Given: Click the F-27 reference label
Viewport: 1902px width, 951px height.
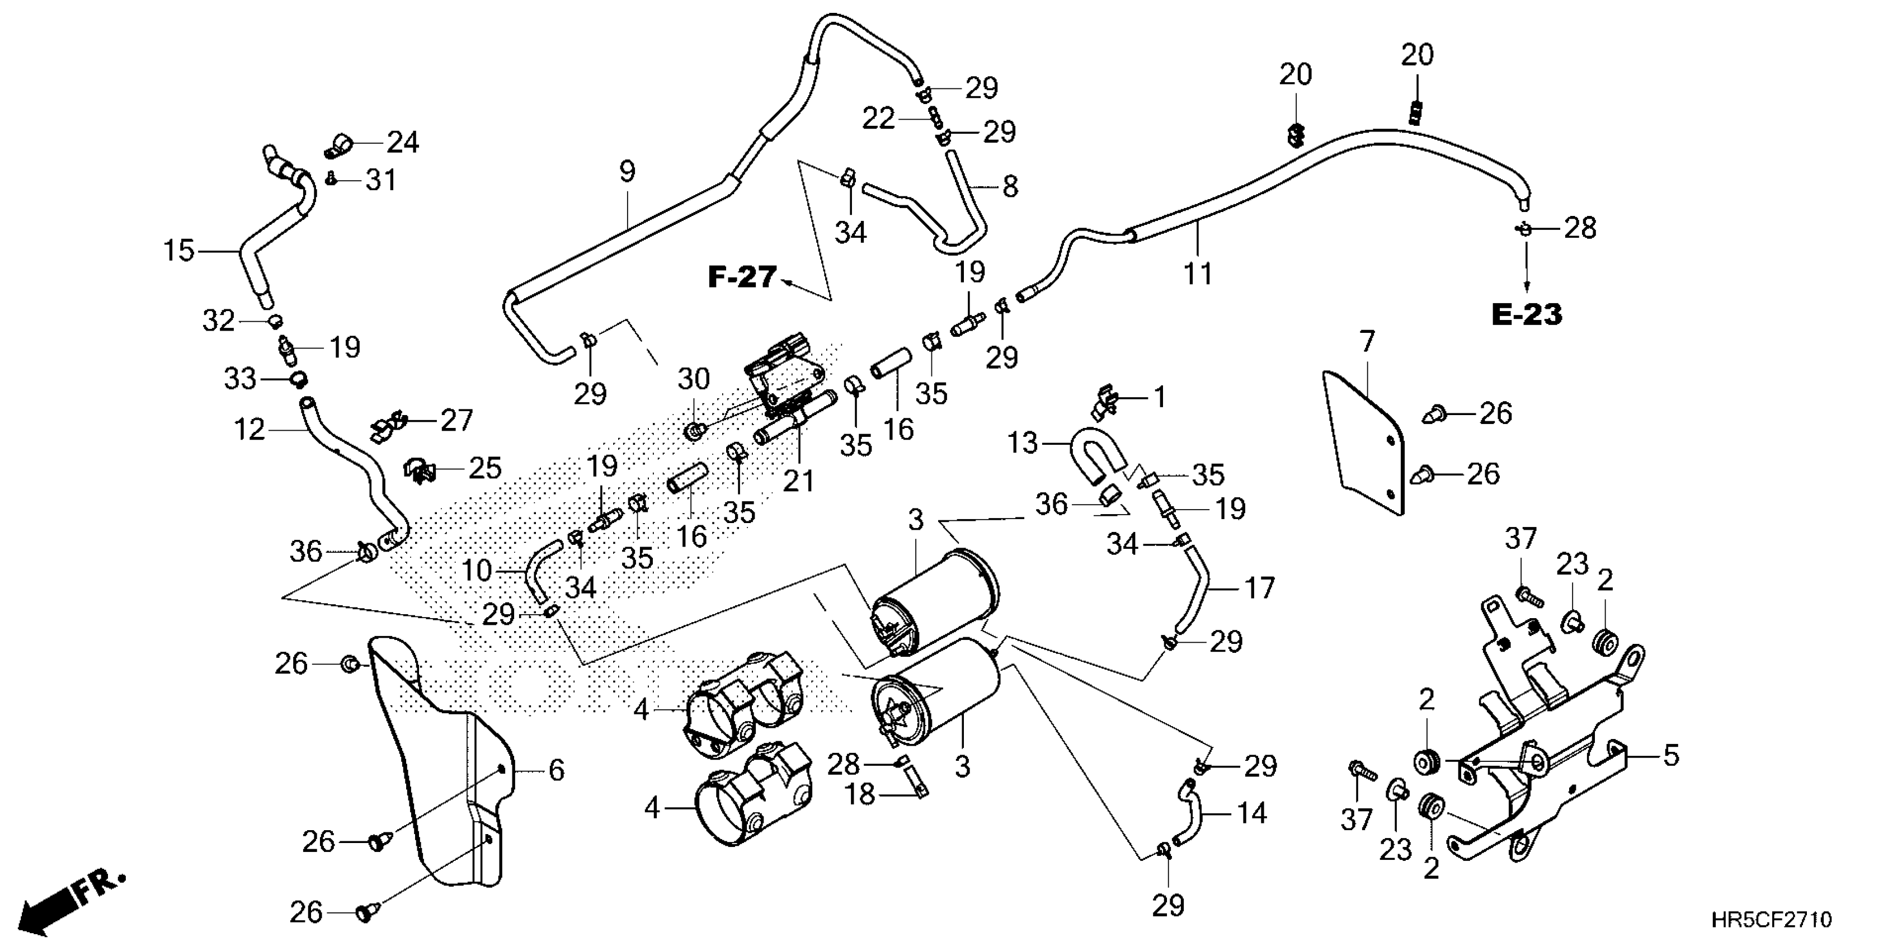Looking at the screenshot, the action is click(742, 277).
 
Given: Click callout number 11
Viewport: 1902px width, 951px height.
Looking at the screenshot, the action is click(1198, 274).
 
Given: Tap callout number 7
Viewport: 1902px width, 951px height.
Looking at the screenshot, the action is click(1367, 342).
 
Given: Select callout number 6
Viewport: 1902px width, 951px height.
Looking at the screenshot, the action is click(556, 770).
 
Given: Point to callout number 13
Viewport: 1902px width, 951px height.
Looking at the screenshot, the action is click(1023, 443).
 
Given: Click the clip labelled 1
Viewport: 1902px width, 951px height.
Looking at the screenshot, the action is click(1109, 399).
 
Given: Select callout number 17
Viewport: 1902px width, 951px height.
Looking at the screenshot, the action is click(1260, 589).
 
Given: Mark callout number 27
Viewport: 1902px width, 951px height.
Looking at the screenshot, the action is click(456, 421).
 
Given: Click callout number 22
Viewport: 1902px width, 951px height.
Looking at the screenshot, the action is click(879, 118).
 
